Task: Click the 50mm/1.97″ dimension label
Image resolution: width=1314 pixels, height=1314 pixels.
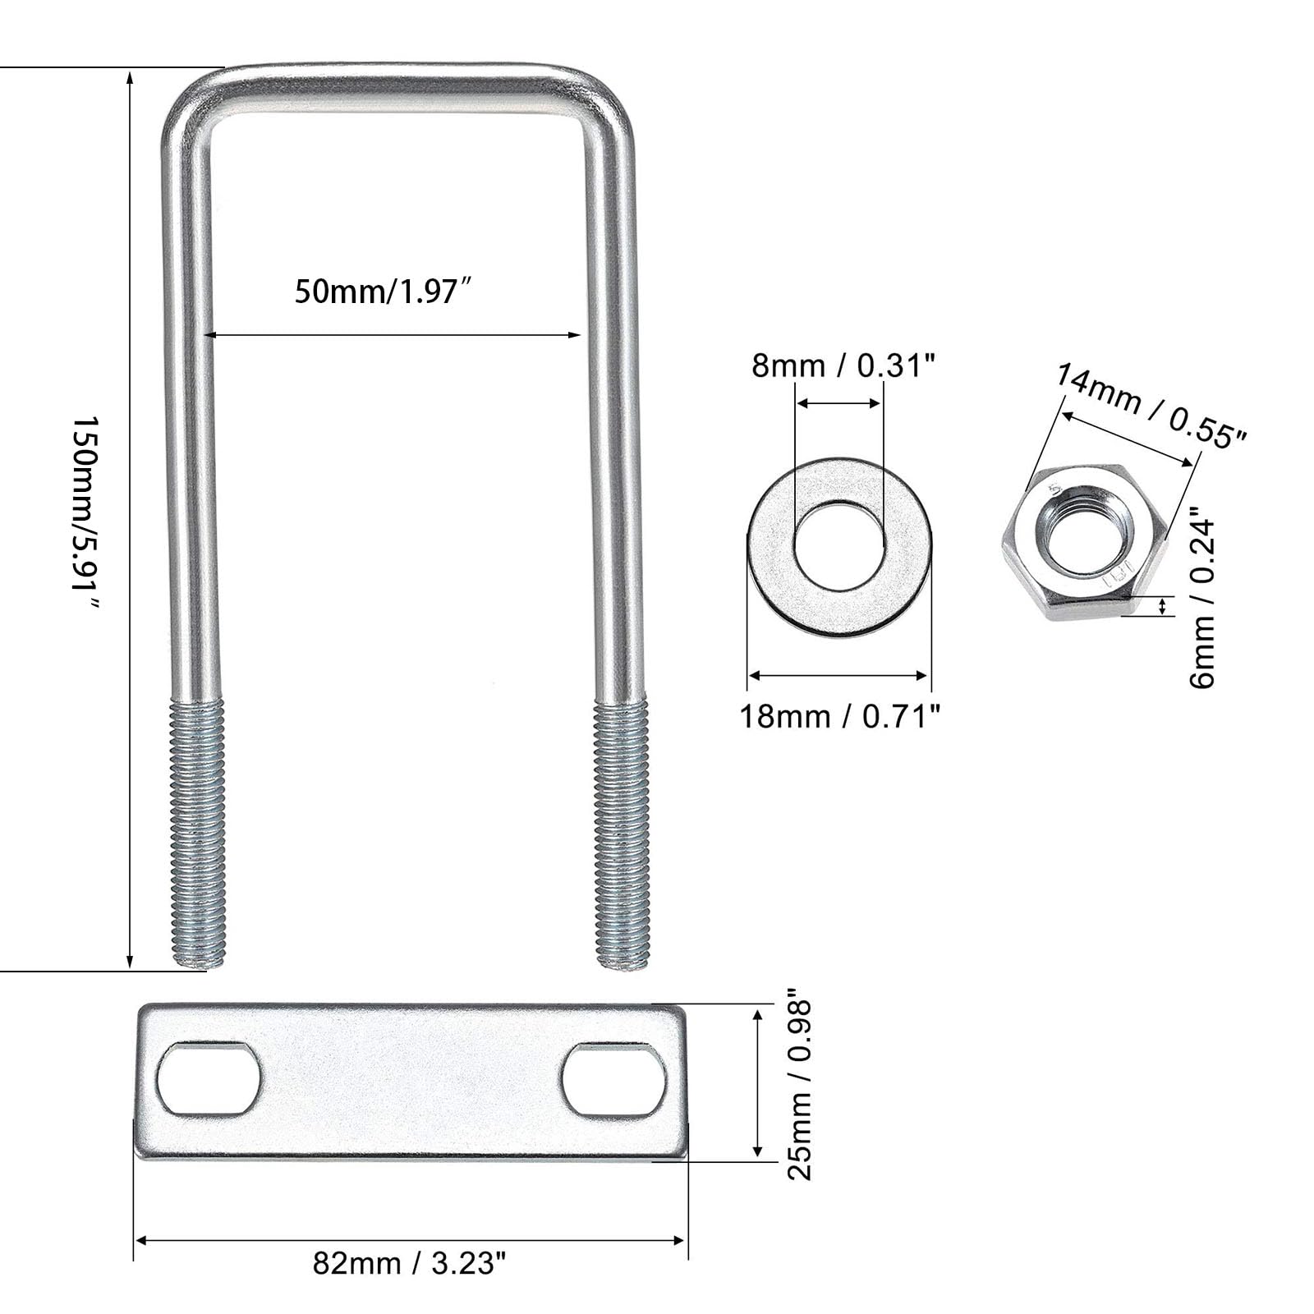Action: pyautogui.click(x=386, y=291)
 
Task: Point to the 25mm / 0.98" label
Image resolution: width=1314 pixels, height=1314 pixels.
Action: pyautogui.click(x=799, y=1089)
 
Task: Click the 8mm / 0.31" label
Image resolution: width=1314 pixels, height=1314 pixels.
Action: pyautogui.click(x=843, y=365)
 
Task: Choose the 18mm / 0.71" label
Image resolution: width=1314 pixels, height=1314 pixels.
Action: pyautogui.click(x=839, y=716)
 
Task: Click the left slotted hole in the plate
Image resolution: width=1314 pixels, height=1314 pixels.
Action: pyautogui.click(x=209, y=1078)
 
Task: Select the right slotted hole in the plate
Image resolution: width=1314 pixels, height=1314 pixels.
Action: pyautogui.click(x=613, y=1079)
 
